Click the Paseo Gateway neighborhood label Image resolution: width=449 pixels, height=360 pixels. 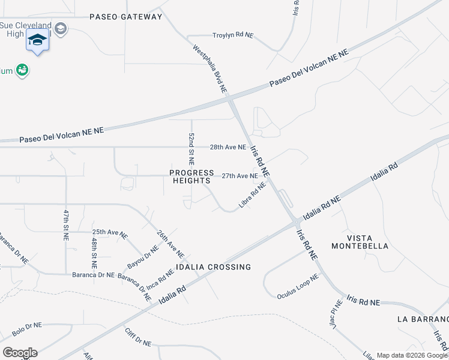[126, 17]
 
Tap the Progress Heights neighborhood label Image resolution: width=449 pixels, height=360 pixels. [191, 176]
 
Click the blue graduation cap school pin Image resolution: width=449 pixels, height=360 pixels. [37, 40]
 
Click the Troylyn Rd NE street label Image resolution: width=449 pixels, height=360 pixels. [233, 35]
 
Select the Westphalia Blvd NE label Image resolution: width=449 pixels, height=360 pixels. [210, 68]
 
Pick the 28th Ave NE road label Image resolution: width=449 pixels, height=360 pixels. [228, 147]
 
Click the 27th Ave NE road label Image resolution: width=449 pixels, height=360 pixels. [240, 176]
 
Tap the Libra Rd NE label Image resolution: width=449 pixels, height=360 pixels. [252, 196]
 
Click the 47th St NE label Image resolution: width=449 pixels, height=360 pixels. [66, 225]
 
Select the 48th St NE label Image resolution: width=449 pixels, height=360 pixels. [94, 252]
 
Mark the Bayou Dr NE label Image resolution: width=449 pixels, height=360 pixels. [143, 257]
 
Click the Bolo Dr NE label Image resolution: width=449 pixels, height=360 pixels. [27, 329]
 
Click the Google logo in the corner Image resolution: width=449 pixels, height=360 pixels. [20, 353]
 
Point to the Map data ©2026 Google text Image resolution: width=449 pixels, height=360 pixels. [412, 355]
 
